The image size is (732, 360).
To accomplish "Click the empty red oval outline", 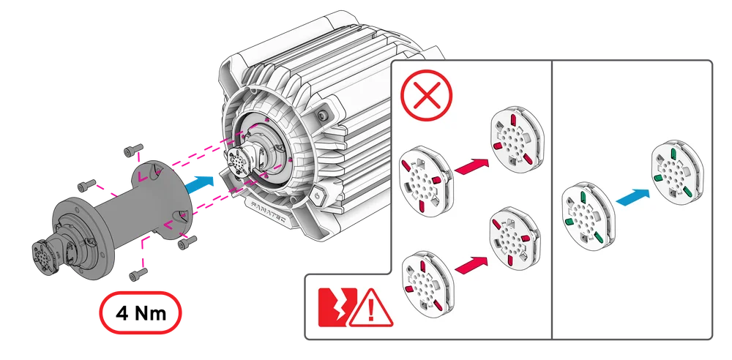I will (x=141, y=311).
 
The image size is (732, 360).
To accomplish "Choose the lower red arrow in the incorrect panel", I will (x=473, y=264).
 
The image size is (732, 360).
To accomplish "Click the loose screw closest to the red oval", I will (x=136, y=275).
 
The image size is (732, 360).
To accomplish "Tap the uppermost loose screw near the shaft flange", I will (x=132, y=151).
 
